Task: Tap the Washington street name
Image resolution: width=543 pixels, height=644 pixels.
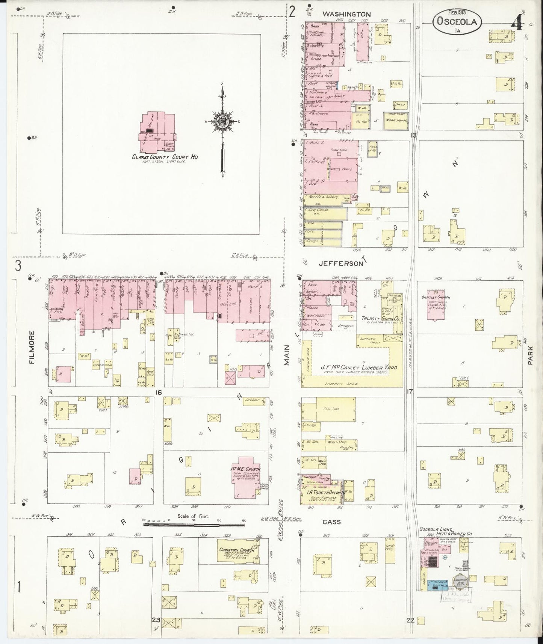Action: [346, 14]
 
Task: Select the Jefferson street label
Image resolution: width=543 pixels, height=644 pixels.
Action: [341, 264]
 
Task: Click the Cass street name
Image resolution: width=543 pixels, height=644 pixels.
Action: [332, 522]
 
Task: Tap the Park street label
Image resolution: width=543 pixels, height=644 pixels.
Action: [530, 355]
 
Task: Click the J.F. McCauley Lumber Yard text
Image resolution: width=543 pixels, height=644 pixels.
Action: [354, 367]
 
